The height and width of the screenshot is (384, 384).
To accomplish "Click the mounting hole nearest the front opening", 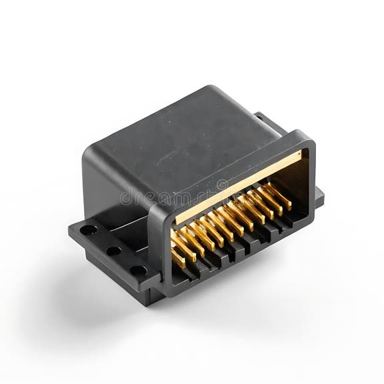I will [x=138, y=271].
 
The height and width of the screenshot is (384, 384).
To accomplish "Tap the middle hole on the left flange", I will [x=114, y=251].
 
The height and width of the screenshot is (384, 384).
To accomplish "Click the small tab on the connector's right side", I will [x=319, y=197].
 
